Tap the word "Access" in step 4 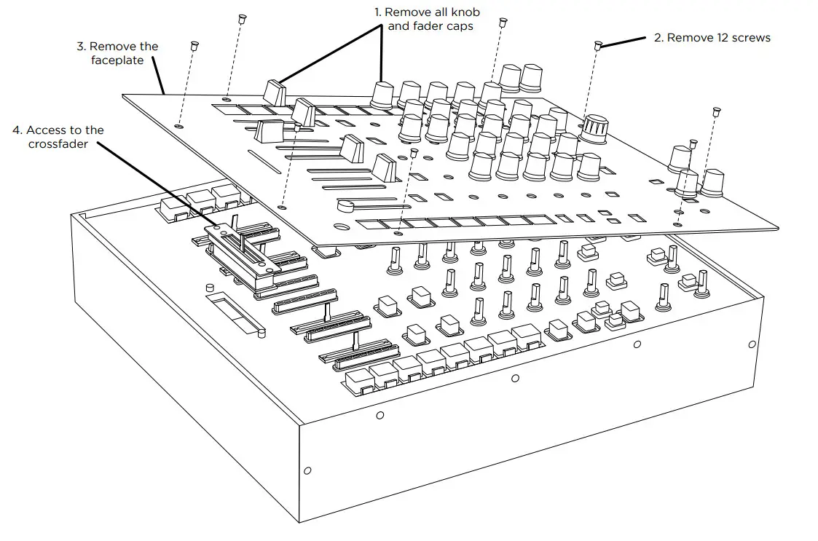[x=49, y=130]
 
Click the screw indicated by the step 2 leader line [x=597, y=45]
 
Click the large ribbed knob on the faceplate [x=595, y=129]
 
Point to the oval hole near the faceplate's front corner [x=398, y=234]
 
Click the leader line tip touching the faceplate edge [x=165, y=94]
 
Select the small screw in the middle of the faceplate [x=414, y=153]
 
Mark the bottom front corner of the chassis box [x=299, y=521]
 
